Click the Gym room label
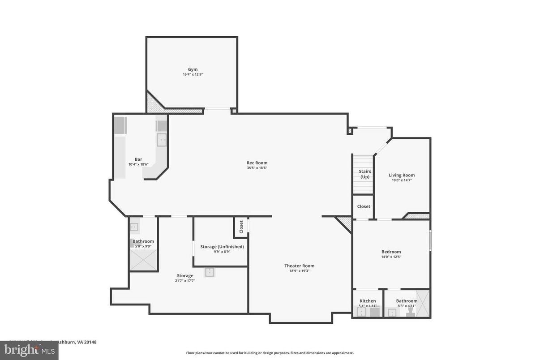pyautogui.click(x=193, y=69)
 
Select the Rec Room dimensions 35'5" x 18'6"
pyautogui.click(x=257, y=168)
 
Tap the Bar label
pyautogui.click(x=138, y=159)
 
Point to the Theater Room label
pyautogui.click(x=299, y=266)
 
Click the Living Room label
pyautogui.click(x=401, y=175)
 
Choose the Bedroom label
pyautogui.click(x=391, y=252)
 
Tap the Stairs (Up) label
pyautogui.click(x=364, y=174)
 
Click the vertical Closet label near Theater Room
pyautogui.click(x=241, y=227)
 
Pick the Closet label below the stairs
pyautogui.click(x=363, y=206)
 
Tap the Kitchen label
pyautogui.click(x=368, y=301)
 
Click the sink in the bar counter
pyautogui.click(x=162, y=140)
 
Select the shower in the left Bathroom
pyautogui.click(x=143, y=260)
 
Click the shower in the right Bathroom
pyautogui.click(x=423, y=304)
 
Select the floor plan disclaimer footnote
pyautogui.click(x=270, y=353)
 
